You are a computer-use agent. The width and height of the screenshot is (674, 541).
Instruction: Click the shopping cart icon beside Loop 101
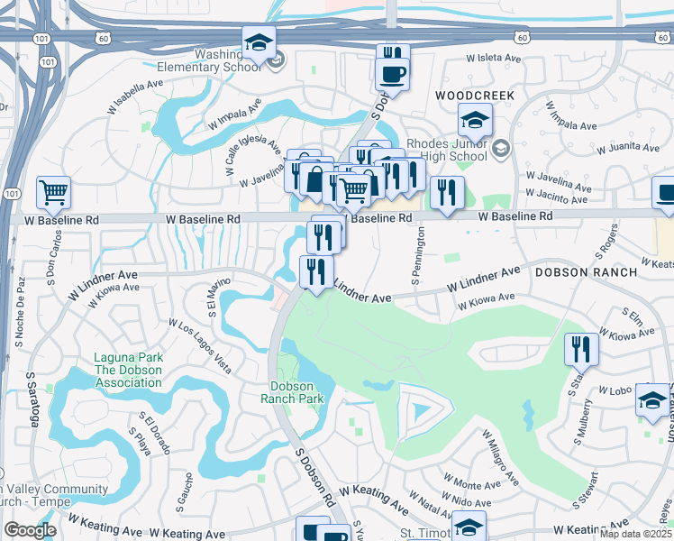coord(53,192)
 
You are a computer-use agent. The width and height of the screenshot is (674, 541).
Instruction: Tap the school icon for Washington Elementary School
coord(259,41)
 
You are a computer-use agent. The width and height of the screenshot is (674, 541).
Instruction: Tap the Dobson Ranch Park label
coord(291,391)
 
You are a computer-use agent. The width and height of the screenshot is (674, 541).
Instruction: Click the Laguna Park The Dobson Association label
coord(127,370)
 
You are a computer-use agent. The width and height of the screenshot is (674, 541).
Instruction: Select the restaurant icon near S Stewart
coord(581,350)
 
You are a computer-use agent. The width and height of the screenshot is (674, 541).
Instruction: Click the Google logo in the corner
coord(29,530)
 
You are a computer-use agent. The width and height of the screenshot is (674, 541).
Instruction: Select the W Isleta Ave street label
coord(493,59)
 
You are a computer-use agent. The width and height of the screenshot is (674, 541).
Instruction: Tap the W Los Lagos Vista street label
coord(199,344)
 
